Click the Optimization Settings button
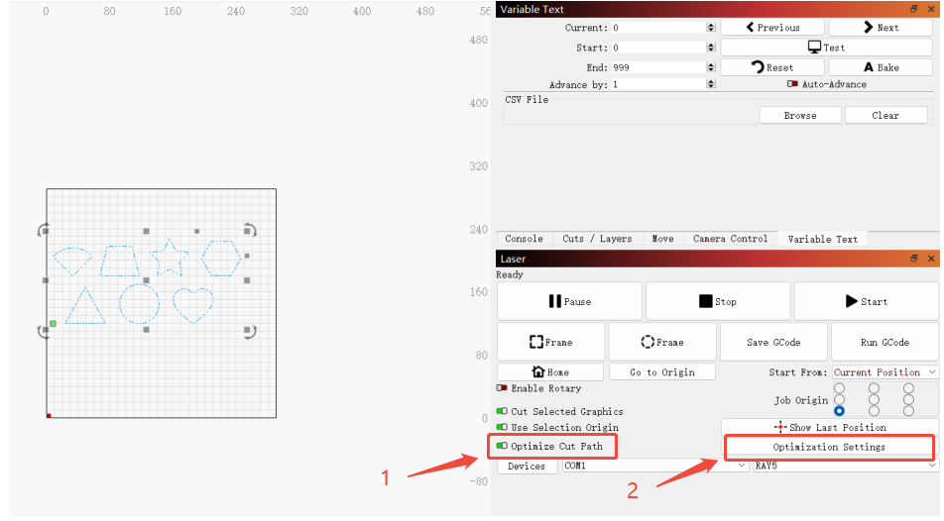[828, 447]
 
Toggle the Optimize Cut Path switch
[502, 446]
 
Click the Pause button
[569, 301]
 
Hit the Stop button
[718, 301]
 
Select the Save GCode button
[773, 343]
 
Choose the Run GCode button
[885, 343]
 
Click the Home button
[550, 371]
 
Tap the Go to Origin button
[662, 371]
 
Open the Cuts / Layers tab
[597, 239]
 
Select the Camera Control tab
[730, 239]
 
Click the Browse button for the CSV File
[800, 116]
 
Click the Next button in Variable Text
[881, 28]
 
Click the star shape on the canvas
[170, 258]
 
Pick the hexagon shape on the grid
[221, 259]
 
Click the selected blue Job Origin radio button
[839, 411]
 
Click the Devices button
[527, 467]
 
